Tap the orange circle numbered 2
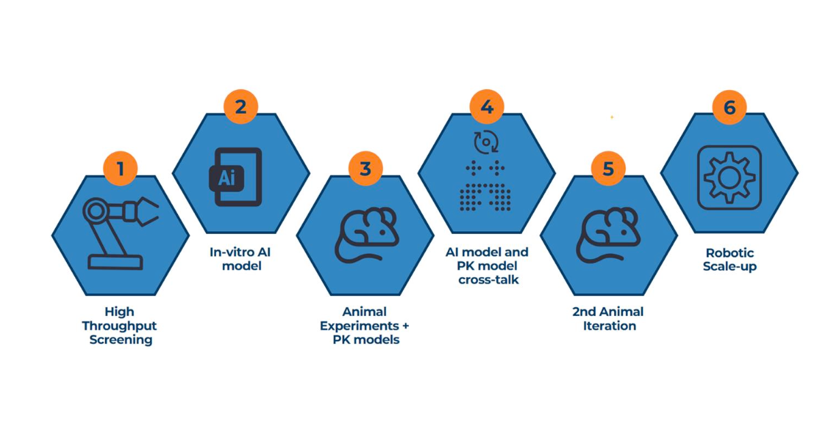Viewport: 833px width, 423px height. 241,106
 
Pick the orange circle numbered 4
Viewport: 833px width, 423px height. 487,106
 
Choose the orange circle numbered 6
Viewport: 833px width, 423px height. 729,107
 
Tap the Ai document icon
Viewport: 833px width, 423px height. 235,177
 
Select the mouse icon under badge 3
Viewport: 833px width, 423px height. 367,235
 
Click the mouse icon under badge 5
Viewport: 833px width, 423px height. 608,235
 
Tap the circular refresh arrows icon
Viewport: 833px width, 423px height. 486,141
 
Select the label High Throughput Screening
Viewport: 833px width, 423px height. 121,325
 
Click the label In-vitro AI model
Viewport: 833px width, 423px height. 241,259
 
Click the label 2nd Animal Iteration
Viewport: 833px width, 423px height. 609,319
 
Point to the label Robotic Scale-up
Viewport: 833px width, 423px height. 729,259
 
